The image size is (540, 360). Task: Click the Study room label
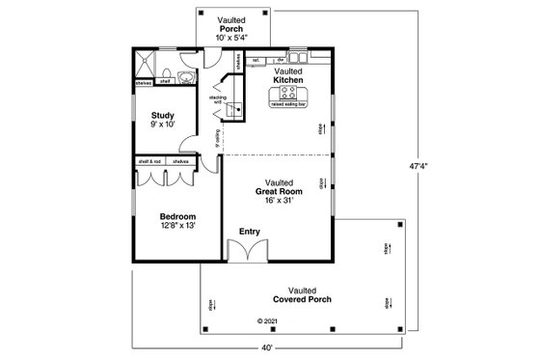pyautogui.click(x=161, y=115)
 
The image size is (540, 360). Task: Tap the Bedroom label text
pyautogui.click(x=177, y=216)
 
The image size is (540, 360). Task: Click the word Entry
pyautogui.click(x=250, y=232)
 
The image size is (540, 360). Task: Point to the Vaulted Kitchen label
pyautogui.click(x=288, y=75)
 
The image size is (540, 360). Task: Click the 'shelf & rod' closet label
pyautogui.click(x=148, y=162)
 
